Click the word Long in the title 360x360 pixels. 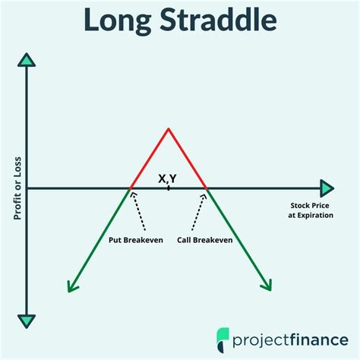118,21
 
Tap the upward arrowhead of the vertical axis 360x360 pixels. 27,60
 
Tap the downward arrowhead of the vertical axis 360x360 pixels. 27,321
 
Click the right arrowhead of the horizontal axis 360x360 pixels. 327,188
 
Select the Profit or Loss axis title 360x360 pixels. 17,188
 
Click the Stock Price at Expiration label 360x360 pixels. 311,210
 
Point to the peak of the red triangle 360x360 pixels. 169,129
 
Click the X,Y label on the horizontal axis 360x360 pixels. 167,178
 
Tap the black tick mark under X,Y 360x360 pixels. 169,188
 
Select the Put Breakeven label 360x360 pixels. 136,240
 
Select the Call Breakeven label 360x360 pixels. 204,240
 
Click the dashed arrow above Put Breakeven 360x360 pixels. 138,211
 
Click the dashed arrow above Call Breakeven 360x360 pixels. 199,212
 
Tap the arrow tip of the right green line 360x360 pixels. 270,291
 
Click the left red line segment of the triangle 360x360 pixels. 149,159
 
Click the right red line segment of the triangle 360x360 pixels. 188,159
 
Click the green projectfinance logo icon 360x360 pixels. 223,340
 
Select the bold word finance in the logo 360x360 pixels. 319,339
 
